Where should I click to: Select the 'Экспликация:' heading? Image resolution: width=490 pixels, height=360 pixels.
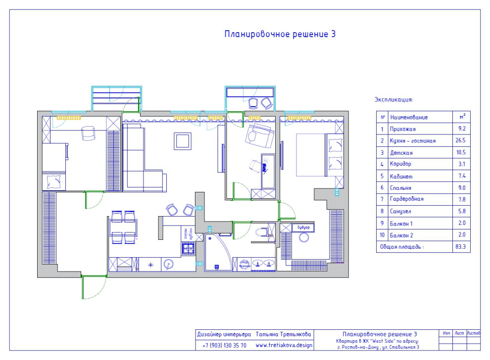(x=393, y=99)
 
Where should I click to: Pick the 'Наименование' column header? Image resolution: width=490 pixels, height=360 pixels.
(x=409, y=118)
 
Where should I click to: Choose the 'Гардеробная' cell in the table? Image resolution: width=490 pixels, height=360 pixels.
(x=407, y=199)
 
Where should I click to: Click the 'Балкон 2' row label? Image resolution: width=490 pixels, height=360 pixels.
(x=401, y=234)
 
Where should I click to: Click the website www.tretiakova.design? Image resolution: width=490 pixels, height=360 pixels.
(x=284, y=345)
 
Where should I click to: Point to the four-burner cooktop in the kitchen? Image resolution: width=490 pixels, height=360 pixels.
(x=188, y=248)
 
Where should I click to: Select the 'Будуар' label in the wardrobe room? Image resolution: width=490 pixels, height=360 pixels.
(x=303, y=228)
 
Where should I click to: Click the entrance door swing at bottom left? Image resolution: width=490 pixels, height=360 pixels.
(x=94, y=287)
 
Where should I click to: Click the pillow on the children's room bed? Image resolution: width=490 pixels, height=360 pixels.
(x=53, y=182)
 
